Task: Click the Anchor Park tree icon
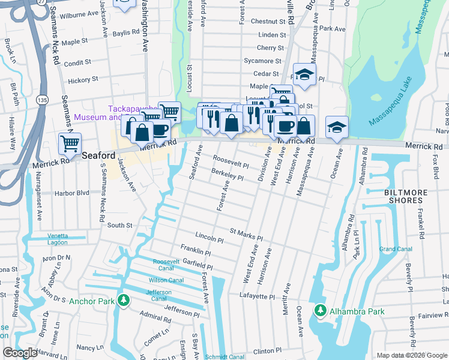click(124, 300)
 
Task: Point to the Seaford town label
click(98, 154)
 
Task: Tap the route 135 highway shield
click(42, 99)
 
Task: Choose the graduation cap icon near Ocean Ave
click(337, 127)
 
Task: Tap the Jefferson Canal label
click(159, 295)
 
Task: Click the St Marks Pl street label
click(246, 233)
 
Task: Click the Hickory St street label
click(83, 79)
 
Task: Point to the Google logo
click(20, 353)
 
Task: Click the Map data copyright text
click(411, 355)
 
